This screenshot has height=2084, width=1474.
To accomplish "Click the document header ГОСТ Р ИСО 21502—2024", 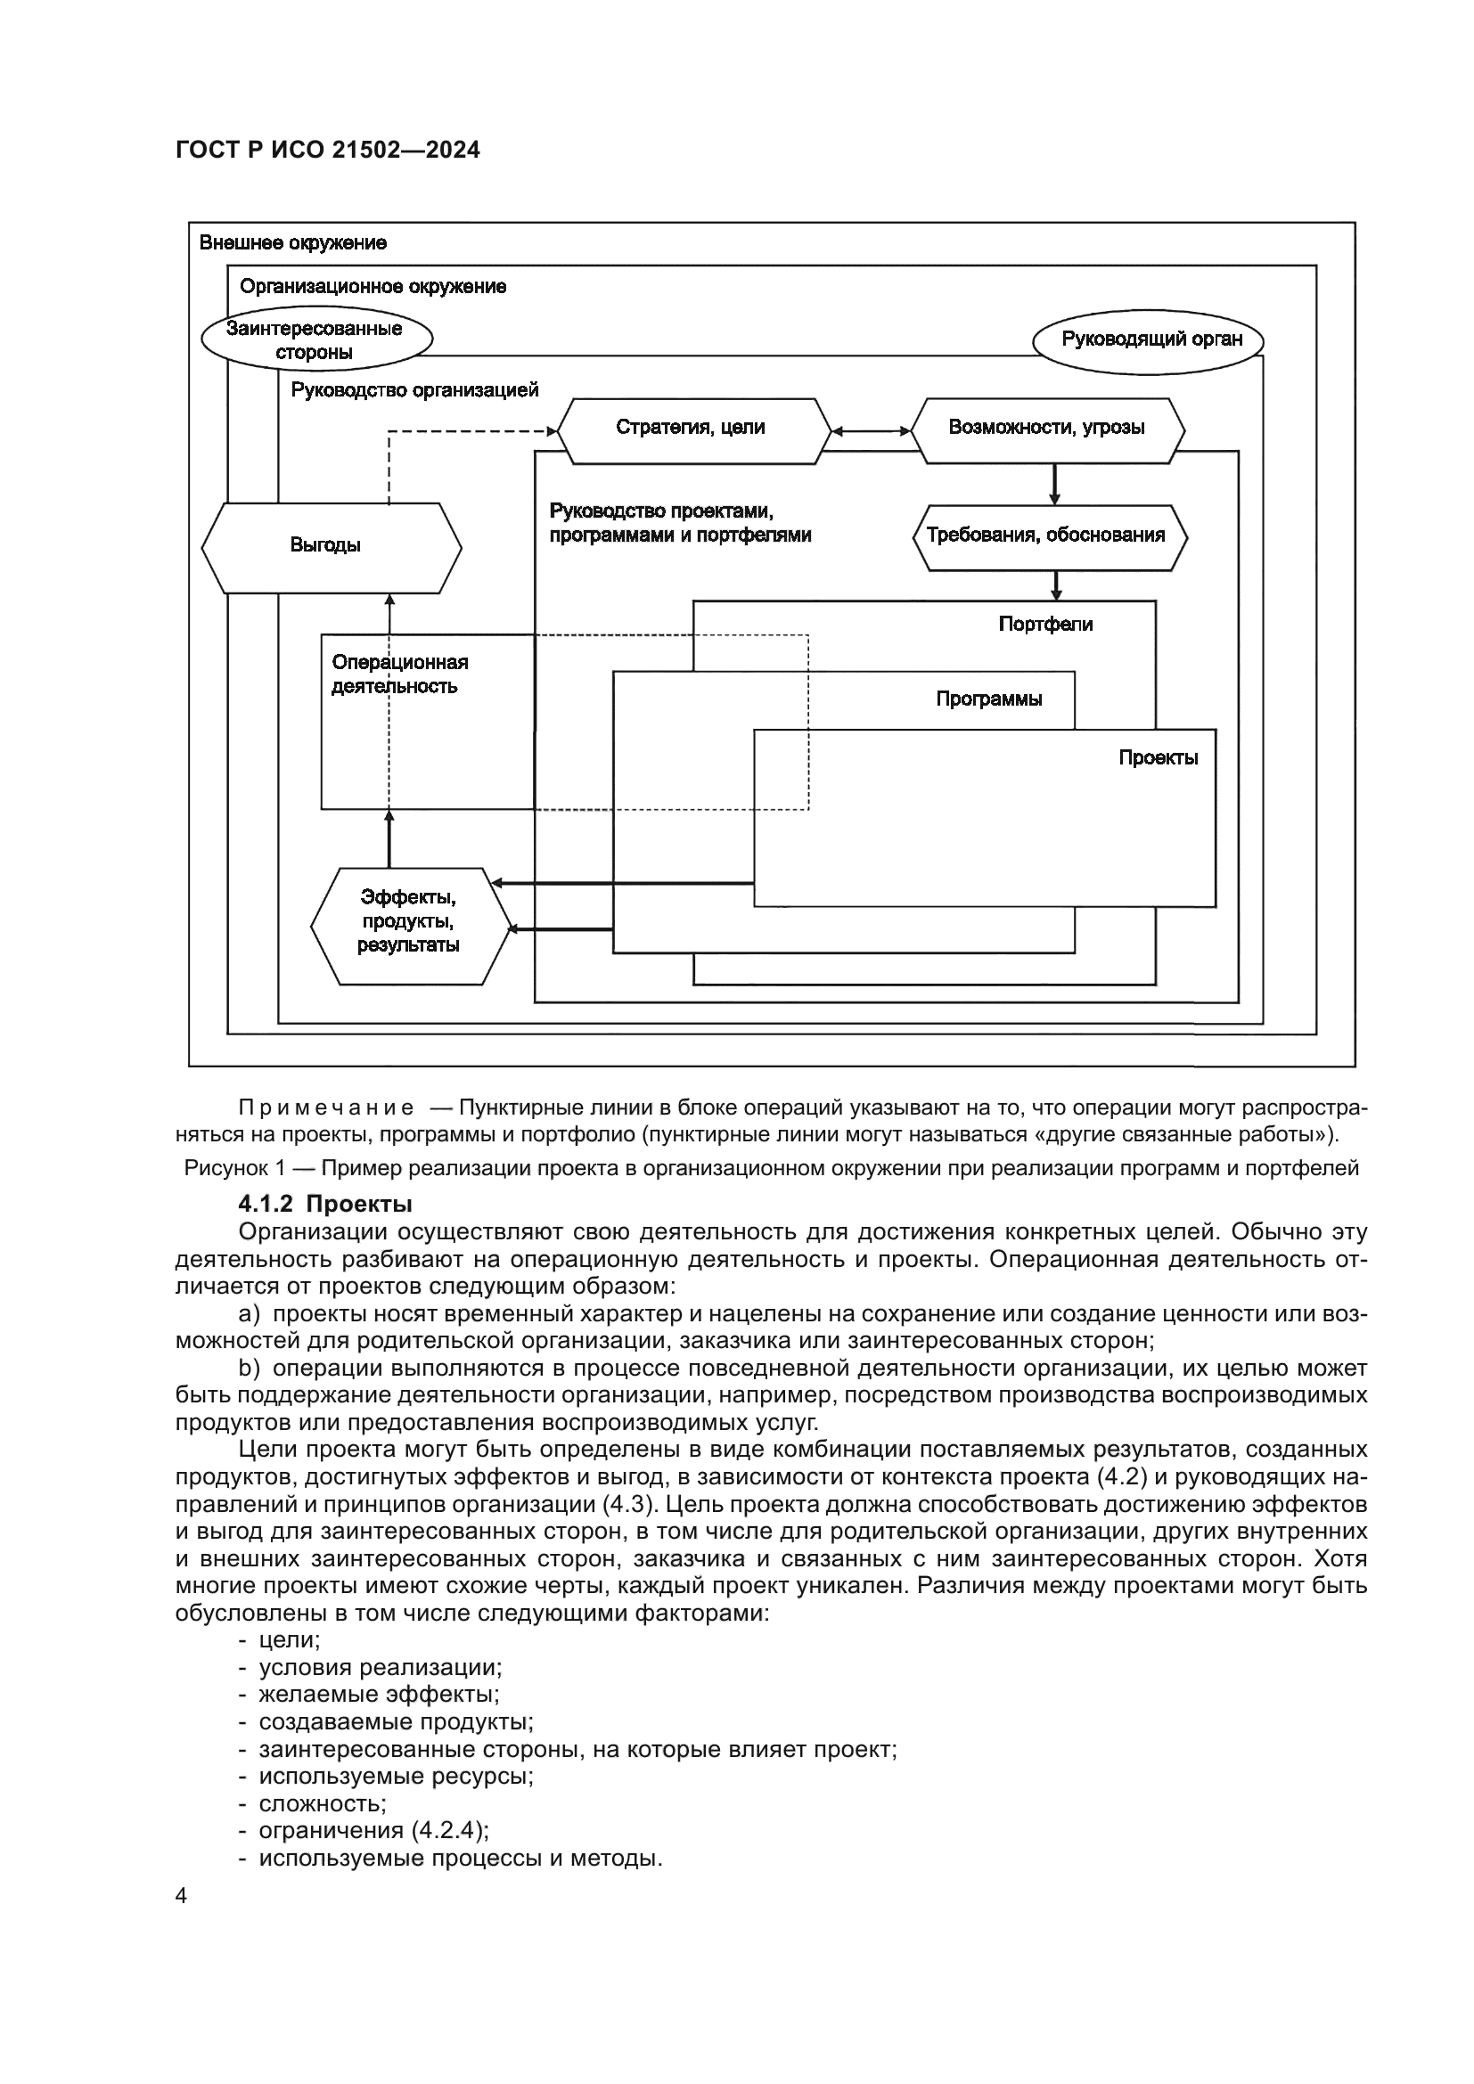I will (x=328, y=151).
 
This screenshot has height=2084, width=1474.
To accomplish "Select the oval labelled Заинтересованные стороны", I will (x=315, y=340).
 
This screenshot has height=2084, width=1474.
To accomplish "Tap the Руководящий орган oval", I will (x=1150, y=340).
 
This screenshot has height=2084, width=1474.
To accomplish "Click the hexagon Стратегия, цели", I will (x=692, y=429).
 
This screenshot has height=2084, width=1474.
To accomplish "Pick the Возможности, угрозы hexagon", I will (x=1046, y=429).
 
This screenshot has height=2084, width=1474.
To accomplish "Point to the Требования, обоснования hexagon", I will (x=1048, y=536).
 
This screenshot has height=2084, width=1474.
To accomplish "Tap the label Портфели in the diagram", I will (x=1045, y=625).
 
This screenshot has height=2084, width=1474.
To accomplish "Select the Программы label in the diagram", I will (x=988, y=699).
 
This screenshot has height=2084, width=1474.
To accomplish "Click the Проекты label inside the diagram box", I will (x=1158, y=758).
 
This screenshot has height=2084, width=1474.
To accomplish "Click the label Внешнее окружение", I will (x=292, y=243).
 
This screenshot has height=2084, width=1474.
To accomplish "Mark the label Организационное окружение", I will (x=373, y=288).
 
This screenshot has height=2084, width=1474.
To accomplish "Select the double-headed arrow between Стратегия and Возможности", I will (x=872, y=431).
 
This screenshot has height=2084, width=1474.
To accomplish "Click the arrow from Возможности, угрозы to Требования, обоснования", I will (x=1054, y=484).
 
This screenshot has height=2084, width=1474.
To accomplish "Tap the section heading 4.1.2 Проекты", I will (x=325, y=1205).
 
